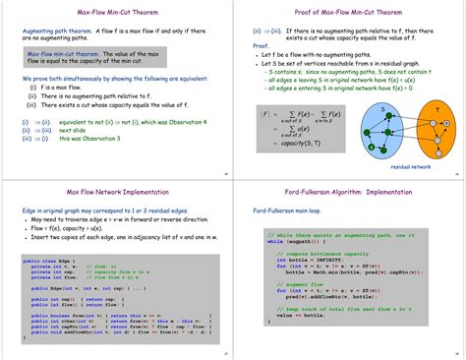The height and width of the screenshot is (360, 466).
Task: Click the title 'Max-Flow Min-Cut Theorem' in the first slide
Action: click(115, 12)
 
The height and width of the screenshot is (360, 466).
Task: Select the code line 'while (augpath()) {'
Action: click(291, 240)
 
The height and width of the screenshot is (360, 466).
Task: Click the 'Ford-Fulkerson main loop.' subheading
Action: click(290, 210)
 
